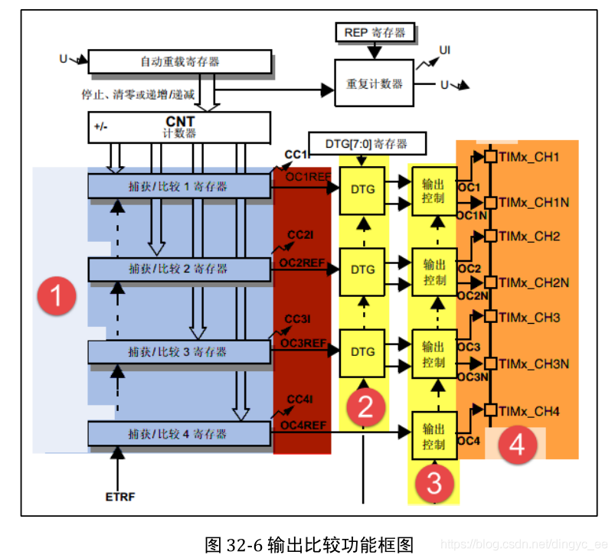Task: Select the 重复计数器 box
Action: (x=375, y=83)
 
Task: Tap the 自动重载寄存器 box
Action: (x=180, y=61)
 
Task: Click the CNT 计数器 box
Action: (x=180, y=127)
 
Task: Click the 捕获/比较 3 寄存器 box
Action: (x=180, y=351)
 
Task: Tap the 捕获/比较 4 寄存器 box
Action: (x=180, y=434)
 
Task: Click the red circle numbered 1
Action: (x=58, y=296)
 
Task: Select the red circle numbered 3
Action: (x=434, y=483)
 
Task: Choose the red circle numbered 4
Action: (x=517, y=445)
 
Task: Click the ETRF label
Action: (x=119, y=498)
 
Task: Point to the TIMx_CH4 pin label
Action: (x=529, y=412)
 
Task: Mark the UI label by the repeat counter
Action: (x=445, y=51)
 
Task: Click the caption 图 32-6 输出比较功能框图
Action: (x=309, y=544)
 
